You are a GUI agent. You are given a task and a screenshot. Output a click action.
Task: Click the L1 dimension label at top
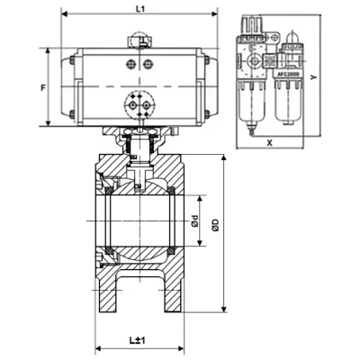click(x=139, y=9)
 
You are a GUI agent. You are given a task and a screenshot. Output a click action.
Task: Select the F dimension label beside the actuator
click(x=43, y=88)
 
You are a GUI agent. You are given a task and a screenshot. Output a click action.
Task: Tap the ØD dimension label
click(x=216, y=226)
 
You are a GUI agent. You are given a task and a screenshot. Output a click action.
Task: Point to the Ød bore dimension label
click(x=194, y=220)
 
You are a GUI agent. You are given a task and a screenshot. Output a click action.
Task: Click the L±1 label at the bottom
click(x=138, y=340)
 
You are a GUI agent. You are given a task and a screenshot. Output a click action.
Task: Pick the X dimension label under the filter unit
click(x=269, y=143)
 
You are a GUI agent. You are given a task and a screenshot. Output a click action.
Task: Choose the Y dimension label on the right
click(x=313, y=77)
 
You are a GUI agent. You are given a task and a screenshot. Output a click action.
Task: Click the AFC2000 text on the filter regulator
click(x=288, y=74)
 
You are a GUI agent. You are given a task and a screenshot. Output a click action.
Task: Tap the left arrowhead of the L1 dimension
click(x=64, y=13)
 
